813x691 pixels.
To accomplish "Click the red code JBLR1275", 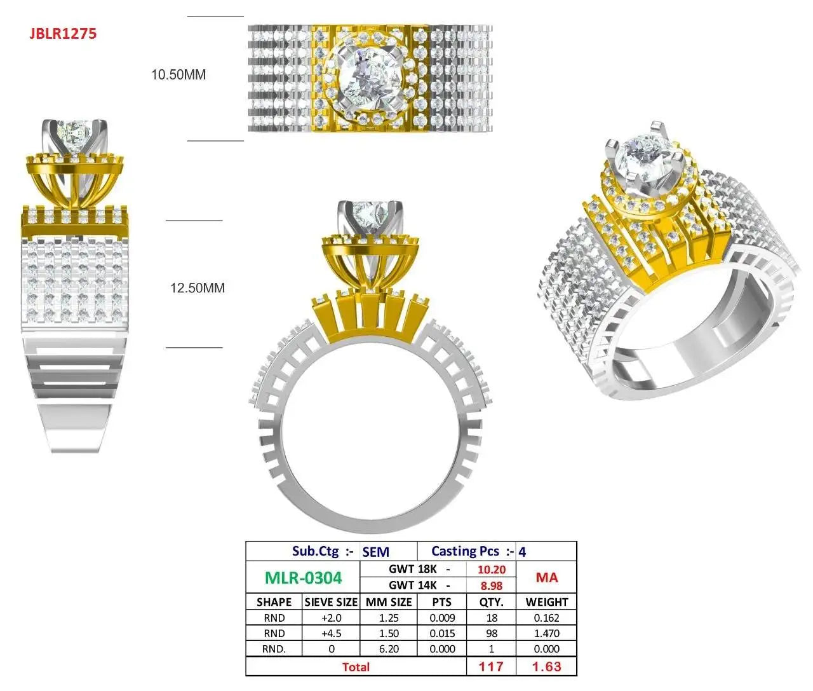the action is click(x=63, y=34).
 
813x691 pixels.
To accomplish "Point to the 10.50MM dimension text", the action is click(x=178, y=74).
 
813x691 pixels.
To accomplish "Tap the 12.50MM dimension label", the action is click(x=198, y=288).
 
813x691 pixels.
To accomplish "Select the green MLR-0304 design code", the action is click(x=303, y=578).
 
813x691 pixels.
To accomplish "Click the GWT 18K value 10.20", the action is click(x=491, y=570).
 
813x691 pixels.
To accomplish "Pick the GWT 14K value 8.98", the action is click(x=491, y=585).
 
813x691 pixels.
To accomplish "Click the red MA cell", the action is click(x=547, y=577).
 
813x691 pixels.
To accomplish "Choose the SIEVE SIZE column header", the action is click(x=331, y=602).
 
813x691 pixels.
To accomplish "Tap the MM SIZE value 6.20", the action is click(x=389, y=649).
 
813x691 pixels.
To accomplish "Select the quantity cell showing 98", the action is click(x=492, y=633).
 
